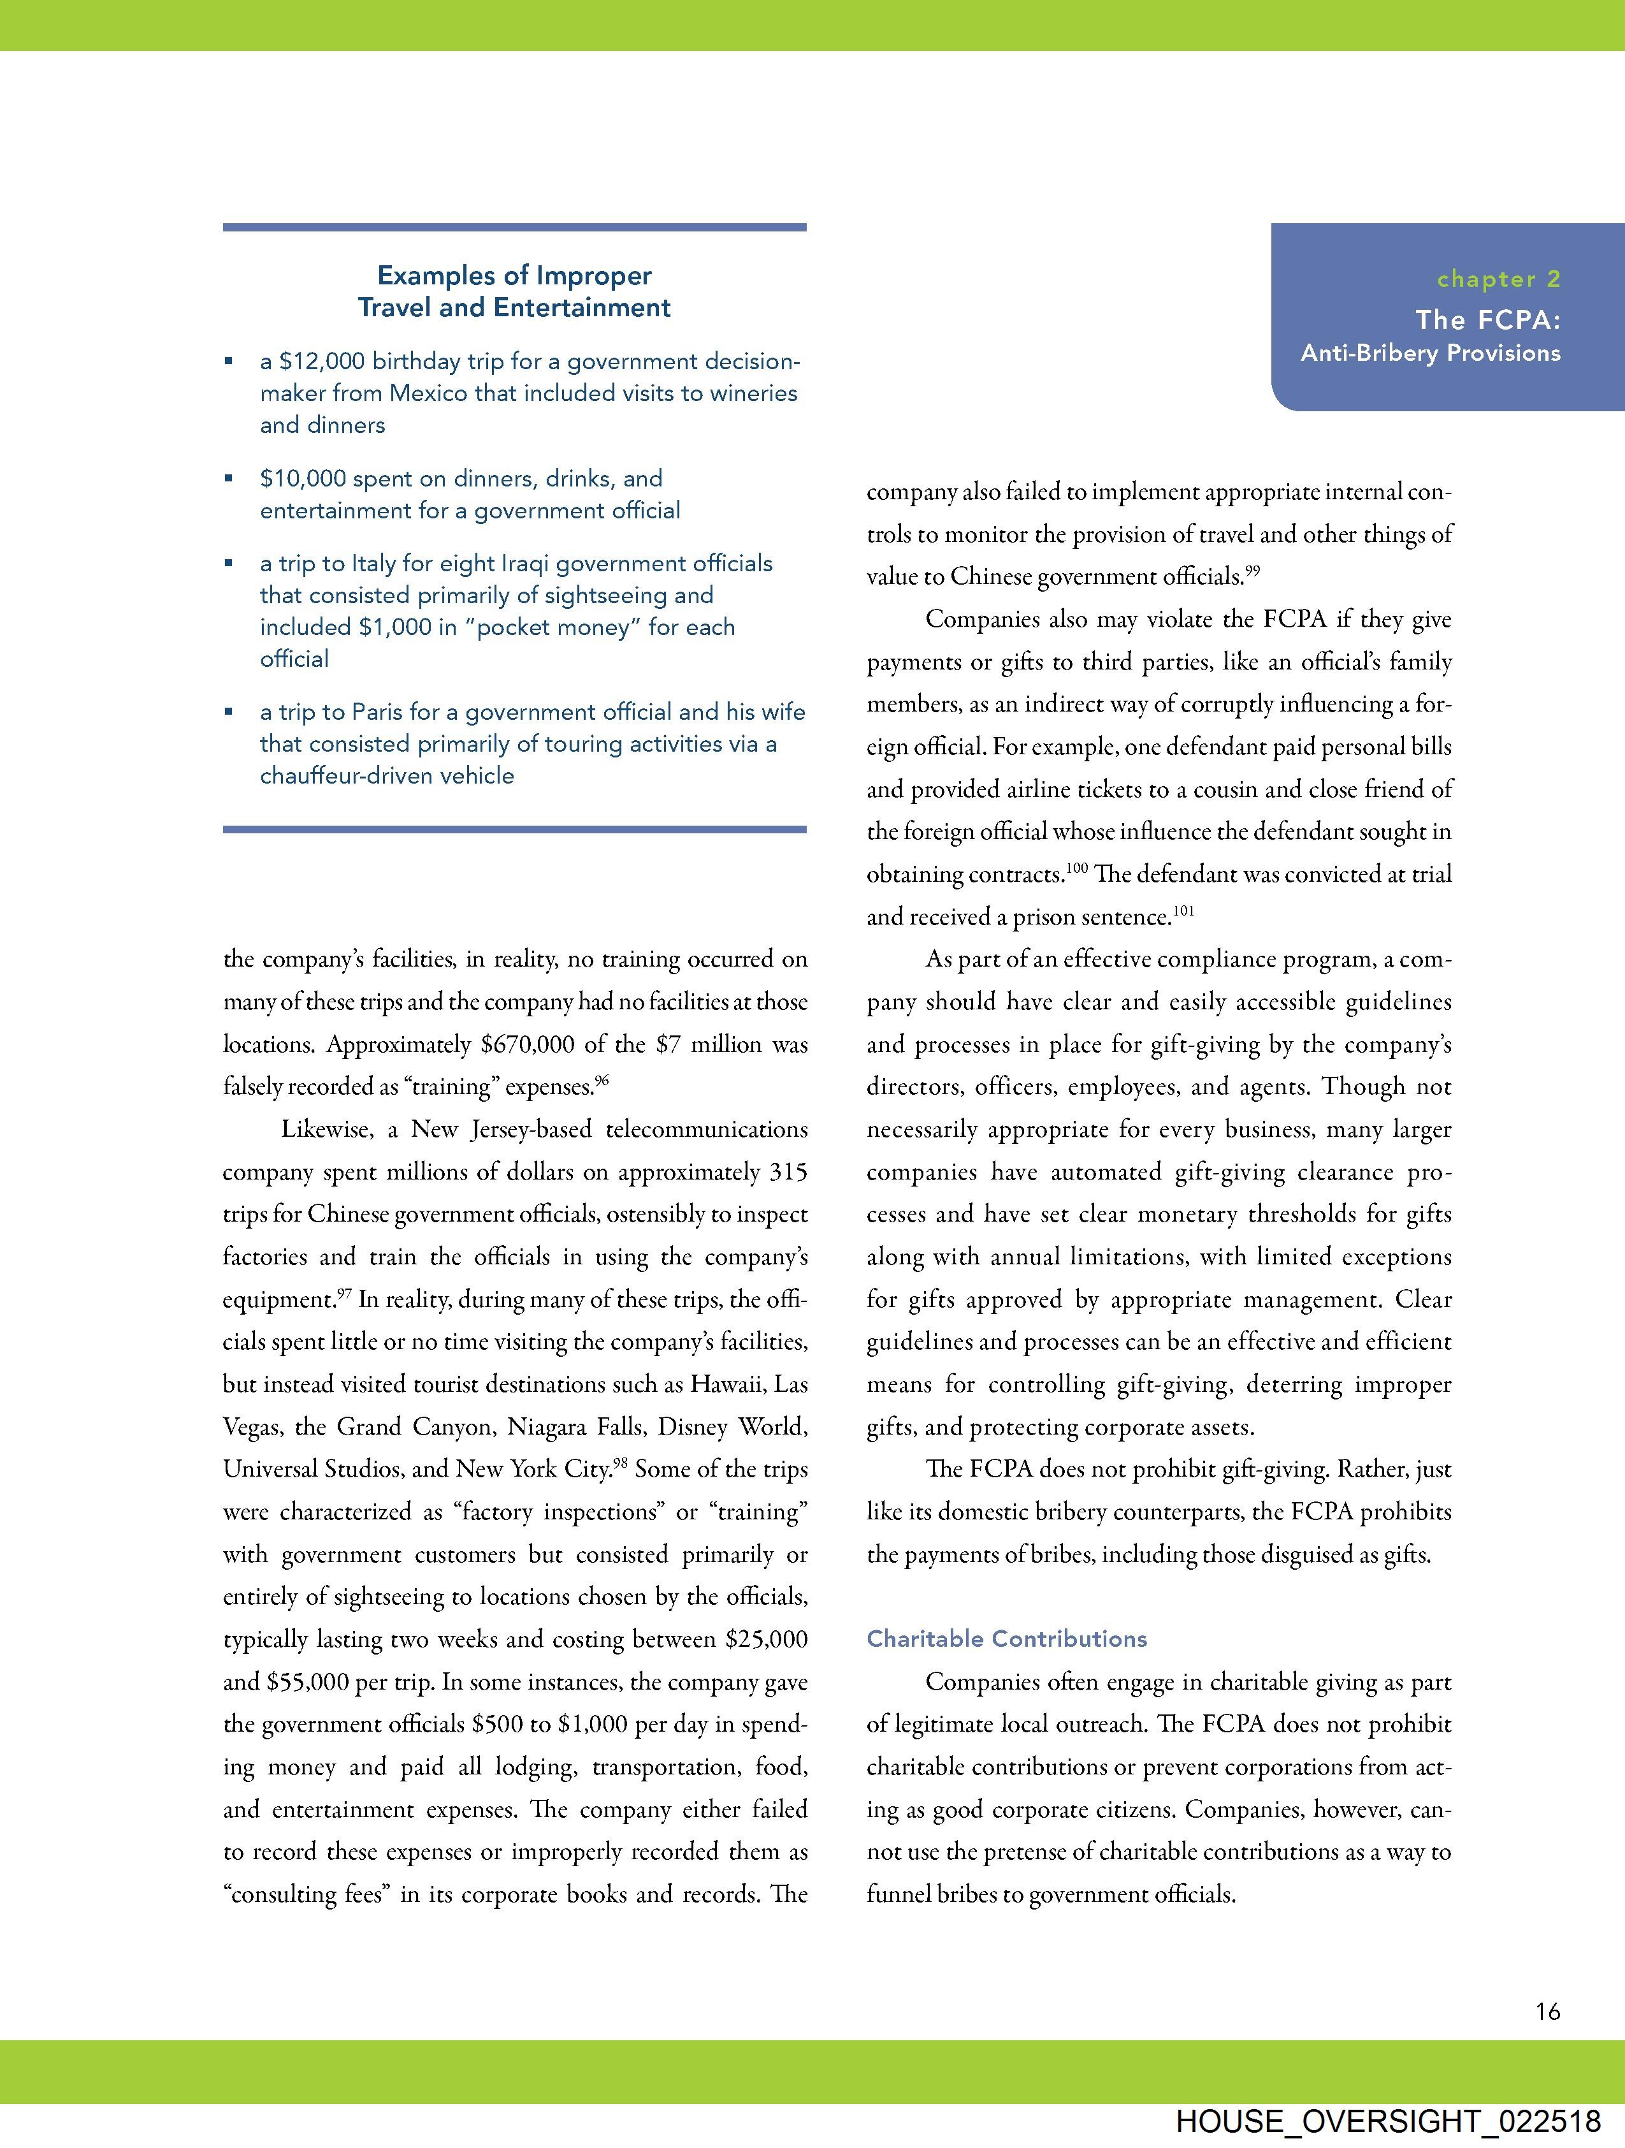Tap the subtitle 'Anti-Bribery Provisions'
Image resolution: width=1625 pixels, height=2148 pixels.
click(1430, 353)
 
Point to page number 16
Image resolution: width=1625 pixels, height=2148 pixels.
click(1547, 2011)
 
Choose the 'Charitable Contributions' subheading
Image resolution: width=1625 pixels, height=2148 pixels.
click(1007, 1639)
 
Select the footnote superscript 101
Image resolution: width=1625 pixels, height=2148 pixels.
click(1183, 911)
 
